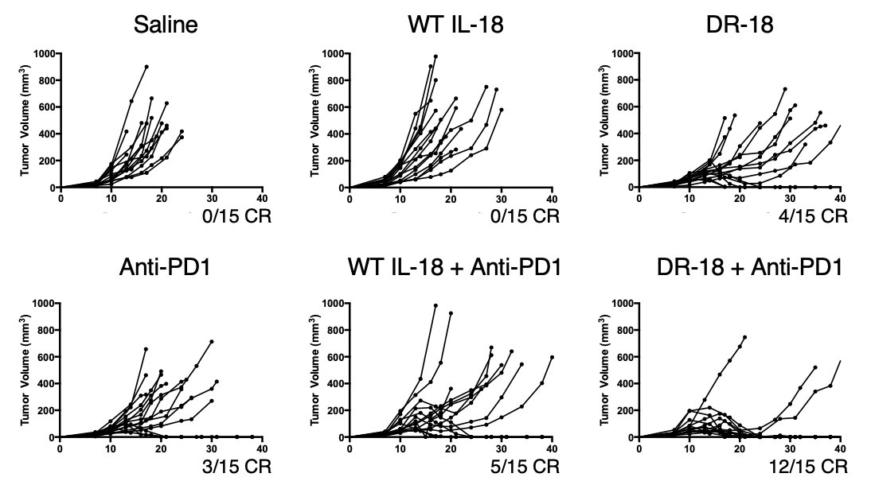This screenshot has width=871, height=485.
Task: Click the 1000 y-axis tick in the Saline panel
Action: pos(45,53)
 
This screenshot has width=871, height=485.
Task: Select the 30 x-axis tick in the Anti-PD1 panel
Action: pos(212,448)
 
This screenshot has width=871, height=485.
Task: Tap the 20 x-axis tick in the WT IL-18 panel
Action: pos(451,198)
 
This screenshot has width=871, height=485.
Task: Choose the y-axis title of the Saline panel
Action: pos(25,120)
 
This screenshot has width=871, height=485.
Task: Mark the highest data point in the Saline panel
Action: pos(146,67)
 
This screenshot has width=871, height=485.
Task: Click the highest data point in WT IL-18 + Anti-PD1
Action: pos(435,305)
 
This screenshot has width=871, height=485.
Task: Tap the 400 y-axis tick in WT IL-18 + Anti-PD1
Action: pos(336,383)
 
